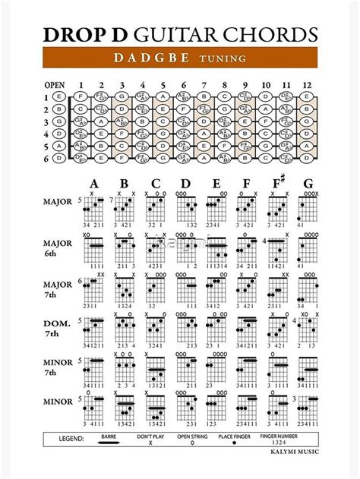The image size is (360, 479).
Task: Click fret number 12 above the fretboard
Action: coord(307,84)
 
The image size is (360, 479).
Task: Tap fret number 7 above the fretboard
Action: coord(204,84)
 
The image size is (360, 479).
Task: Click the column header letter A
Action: coord(95,184)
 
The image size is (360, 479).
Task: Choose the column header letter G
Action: coord(308,184)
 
